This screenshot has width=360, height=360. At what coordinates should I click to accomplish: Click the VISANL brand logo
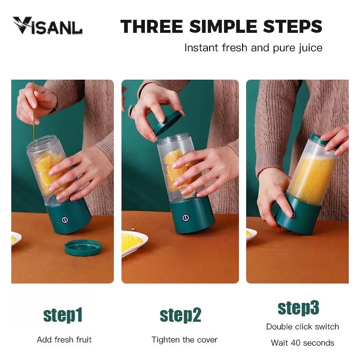(48, 26)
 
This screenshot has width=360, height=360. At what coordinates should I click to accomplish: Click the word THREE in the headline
(152, 26)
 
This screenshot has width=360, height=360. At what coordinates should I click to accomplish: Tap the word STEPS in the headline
(293, 26)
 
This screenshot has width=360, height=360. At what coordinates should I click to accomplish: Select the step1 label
(63, 315)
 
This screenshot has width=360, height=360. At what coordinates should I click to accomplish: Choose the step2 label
(180, 315)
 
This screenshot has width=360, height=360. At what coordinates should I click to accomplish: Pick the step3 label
(298, 308)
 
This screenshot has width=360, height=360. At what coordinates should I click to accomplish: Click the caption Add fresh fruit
(64, 340)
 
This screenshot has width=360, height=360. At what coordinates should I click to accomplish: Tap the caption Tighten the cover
(184, 340)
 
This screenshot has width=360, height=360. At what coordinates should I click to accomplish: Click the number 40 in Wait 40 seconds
(296, 343)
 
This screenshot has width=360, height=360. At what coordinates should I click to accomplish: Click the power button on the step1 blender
(65, 220)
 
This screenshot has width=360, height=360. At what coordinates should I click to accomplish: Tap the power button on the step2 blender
(185, 218)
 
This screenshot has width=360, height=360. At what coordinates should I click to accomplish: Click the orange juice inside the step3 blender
(313, 175)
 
